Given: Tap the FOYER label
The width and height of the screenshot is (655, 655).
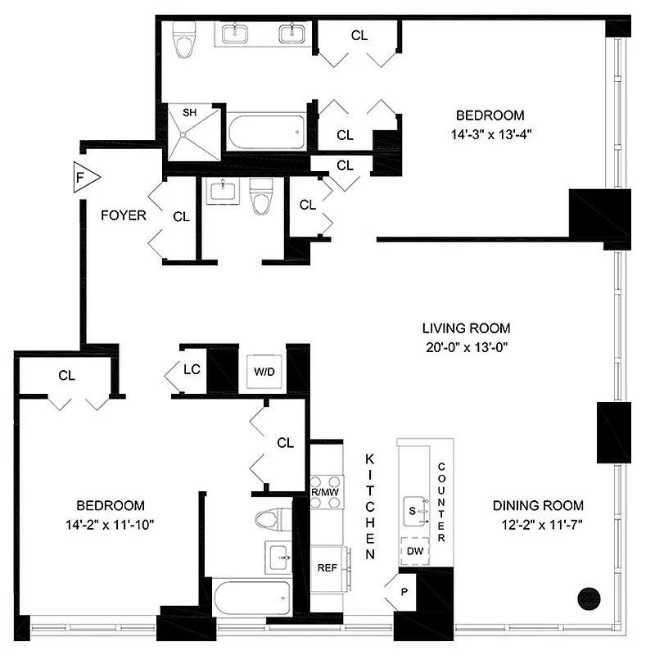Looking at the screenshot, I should tap(123, 216).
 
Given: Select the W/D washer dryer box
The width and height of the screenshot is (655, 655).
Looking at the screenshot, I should tap(264, 371).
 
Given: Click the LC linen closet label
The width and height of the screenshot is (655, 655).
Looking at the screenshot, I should tap(192, 369).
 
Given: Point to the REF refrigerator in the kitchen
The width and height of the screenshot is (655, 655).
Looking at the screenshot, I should tap(327, 567).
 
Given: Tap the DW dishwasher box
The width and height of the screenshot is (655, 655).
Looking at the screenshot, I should tap(415, 550).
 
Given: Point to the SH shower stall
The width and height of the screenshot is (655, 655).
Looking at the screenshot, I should tap(191, 131).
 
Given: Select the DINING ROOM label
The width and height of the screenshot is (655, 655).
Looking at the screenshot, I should tap(538, 504).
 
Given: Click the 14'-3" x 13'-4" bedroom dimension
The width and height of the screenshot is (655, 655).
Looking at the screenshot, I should tap(490, 134).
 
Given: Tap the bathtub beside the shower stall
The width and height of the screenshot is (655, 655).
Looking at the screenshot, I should tap(266, 131).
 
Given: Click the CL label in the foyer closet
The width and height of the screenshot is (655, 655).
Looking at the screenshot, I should tap(181, 217).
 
